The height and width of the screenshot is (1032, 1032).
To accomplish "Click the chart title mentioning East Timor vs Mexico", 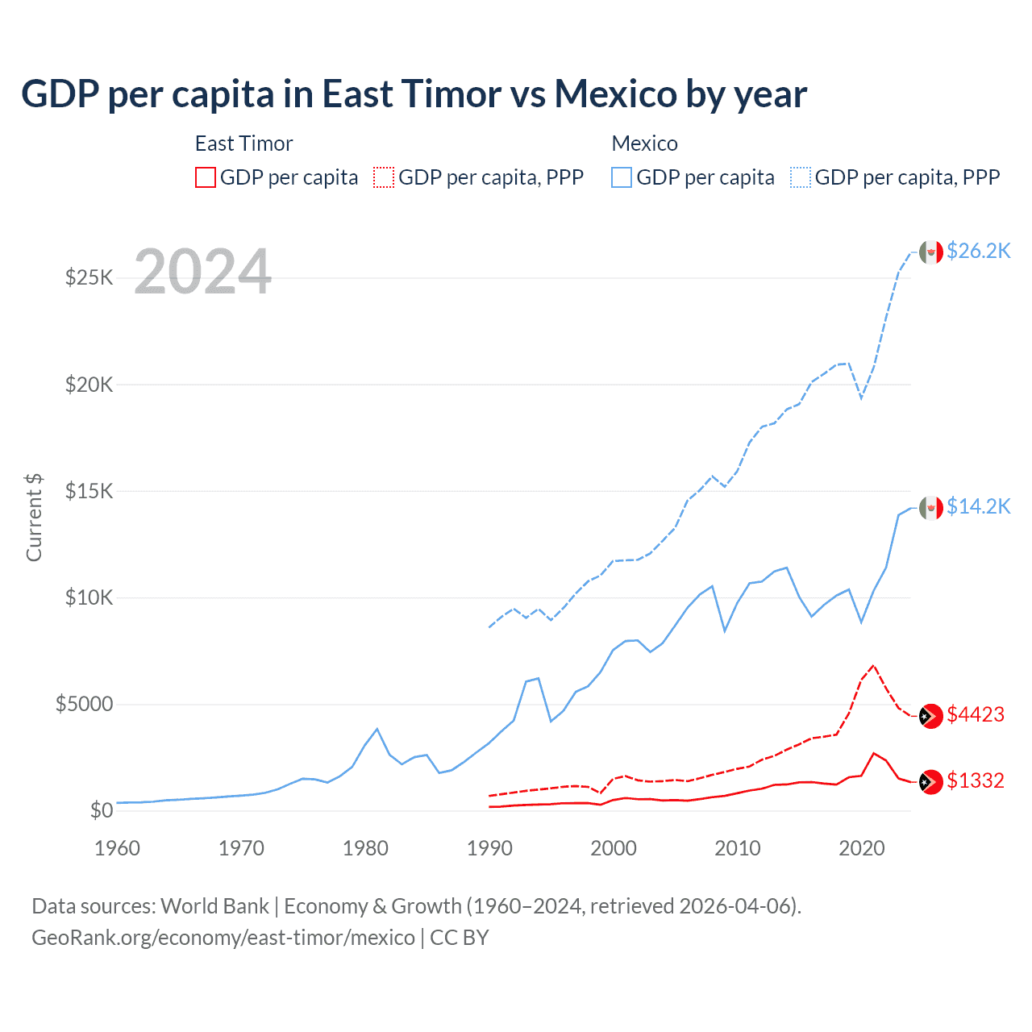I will pos(414,94).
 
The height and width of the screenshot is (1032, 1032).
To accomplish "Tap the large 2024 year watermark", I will pos(202,273).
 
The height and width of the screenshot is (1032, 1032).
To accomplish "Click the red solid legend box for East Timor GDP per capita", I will pos(206,177).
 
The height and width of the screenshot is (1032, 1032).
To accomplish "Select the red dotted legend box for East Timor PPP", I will pos(385,177).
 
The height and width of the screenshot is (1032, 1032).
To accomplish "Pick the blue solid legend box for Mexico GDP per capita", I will pos(622,177).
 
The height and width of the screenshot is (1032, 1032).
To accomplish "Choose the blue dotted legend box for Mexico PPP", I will pos(801,177).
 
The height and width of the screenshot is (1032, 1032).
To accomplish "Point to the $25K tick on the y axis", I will pos(89,278).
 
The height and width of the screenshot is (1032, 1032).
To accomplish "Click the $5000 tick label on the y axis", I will pos(84,704).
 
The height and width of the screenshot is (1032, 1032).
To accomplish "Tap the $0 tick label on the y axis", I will pos(101,810).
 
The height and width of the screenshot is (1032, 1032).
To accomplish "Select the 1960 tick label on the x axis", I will pos(118,848).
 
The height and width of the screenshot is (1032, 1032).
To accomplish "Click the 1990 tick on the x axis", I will pos(489,848).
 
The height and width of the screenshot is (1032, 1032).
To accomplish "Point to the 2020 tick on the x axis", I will pos(861,848).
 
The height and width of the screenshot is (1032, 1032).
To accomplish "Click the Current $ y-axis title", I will pos(34,518).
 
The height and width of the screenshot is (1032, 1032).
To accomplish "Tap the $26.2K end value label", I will pos(978,252).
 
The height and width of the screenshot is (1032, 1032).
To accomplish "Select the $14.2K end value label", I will pos(978,506).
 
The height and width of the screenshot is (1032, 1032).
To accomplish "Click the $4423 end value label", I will pos(976,714).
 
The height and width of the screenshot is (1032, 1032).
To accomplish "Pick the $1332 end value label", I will pos(976,780).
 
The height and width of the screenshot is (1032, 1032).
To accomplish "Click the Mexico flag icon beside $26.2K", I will pos(931,252).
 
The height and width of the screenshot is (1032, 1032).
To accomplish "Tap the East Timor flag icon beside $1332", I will pos(931,782).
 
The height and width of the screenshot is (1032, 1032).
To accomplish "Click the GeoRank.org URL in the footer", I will pos(223,938).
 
